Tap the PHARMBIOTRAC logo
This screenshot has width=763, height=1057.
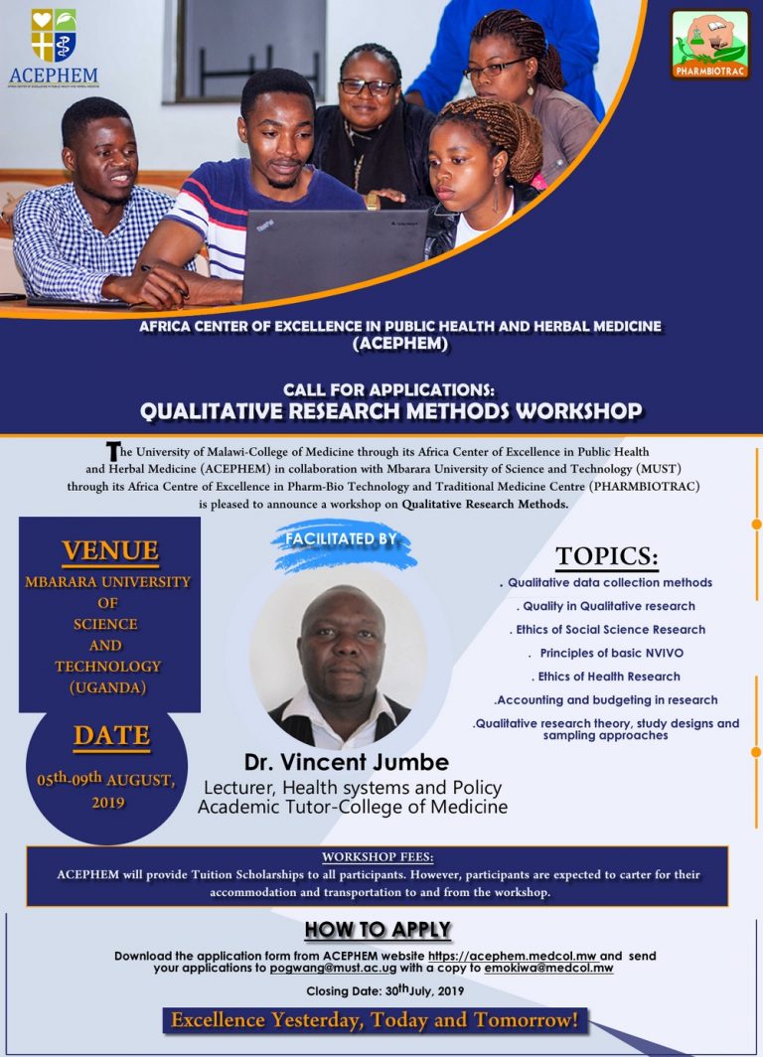[709, 45]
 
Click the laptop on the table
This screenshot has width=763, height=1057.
[335, 254]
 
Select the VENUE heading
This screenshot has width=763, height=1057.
[109, 550]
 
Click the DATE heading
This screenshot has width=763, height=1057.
[110, 736]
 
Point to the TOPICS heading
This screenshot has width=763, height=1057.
[606, 555]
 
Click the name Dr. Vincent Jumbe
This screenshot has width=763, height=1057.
[347, 763]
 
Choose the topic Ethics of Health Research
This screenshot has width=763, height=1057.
[609, 677]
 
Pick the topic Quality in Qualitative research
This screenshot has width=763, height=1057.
[605, 606]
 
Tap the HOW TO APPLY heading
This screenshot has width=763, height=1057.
[378, 931]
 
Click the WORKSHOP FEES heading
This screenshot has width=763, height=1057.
[378, 856]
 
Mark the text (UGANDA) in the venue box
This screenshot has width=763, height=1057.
[107, 687]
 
